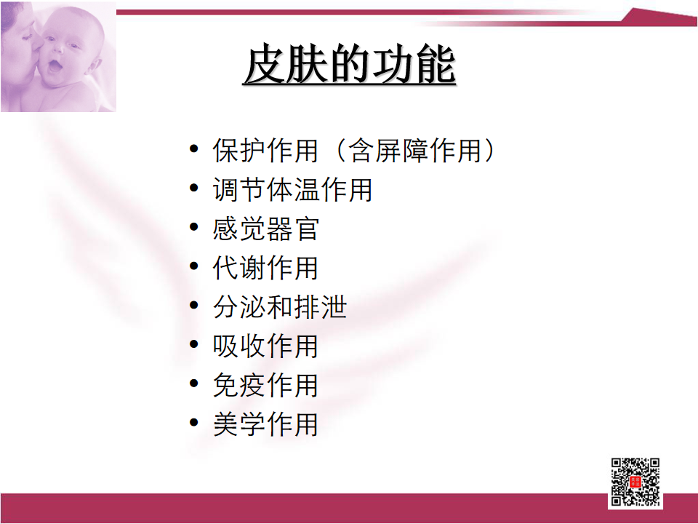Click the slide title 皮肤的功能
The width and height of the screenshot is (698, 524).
(350, 65)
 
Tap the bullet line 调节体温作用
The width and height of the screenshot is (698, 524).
(292, 189)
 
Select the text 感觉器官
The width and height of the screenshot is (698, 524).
(266, 229)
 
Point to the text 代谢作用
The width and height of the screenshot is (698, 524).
(266, 268)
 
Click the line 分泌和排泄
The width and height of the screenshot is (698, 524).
(279, 307)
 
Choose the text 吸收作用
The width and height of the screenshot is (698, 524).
(266, 346)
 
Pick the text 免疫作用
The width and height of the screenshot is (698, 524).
(266, 385)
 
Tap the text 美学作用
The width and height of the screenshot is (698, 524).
(266, 424)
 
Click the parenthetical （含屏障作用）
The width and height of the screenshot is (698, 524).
(414, 150)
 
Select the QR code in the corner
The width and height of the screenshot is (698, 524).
(635, 483)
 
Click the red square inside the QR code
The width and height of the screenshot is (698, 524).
(635, 482)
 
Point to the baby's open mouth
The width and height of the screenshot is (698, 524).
(55, 66)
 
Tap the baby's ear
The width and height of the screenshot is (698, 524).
(93, 66)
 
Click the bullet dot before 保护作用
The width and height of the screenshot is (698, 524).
(193, 148)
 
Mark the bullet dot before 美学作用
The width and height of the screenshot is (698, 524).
(193, 422)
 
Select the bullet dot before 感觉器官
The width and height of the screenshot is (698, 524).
(193, 227)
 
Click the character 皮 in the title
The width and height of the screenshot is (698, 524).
(265, 65)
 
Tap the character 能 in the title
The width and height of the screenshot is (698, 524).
(435, 65)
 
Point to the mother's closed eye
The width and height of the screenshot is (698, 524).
(27, 36)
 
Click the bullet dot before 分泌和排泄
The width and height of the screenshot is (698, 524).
(193, 305)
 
